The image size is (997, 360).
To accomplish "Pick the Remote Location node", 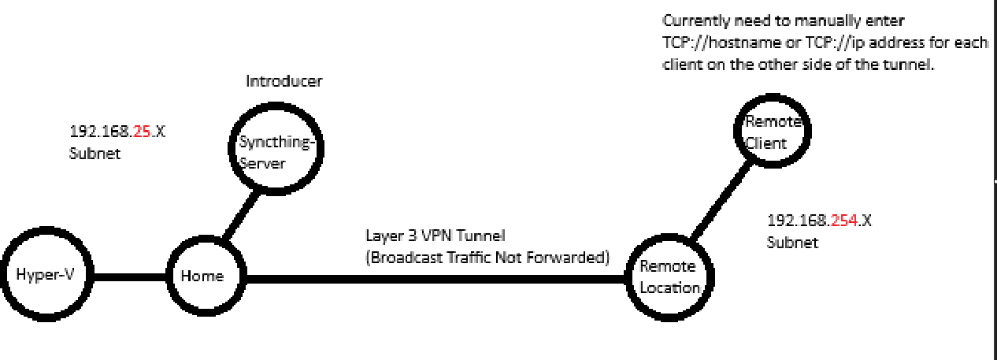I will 670,276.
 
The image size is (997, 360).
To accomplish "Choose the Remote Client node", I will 771,132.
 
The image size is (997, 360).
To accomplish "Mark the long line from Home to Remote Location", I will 433,277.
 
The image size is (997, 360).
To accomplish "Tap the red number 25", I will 142,132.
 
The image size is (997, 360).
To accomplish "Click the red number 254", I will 844,221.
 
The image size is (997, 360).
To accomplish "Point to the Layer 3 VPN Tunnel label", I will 435,235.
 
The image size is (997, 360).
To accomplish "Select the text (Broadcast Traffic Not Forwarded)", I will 488,256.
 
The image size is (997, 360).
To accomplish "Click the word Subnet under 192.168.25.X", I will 95,154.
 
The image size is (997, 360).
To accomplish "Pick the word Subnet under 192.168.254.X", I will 792,243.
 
